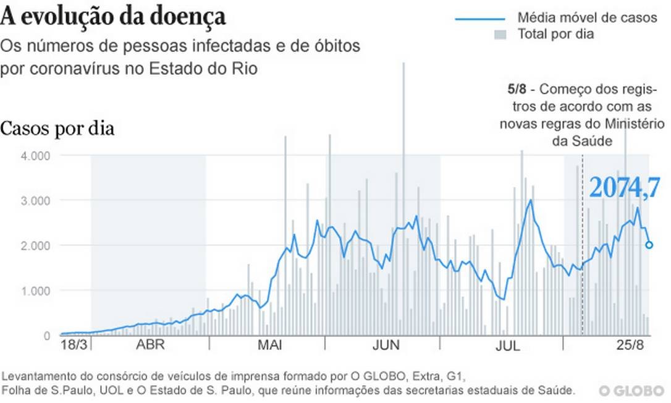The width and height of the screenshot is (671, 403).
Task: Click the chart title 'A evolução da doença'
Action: pyautogui.click(x=114, y=16)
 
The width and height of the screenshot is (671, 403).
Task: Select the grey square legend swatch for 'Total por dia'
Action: pyautogui.click(x=500, y=35)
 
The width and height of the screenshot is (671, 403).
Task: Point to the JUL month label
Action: pyautogui.click(x=508, y=346)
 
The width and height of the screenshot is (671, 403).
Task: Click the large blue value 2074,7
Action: pyautogui.click(x=625, y=187)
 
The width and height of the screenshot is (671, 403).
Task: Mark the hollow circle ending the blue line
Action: pyautogui.click(x=649, y=245)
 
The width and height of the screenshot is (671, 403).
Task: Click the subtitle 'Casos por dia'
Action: pyautogui.click(x=57, y=130)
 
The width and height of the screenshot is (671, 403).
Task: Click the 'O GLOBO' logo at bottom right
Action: pyautogui.click(x=630, y=391)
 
